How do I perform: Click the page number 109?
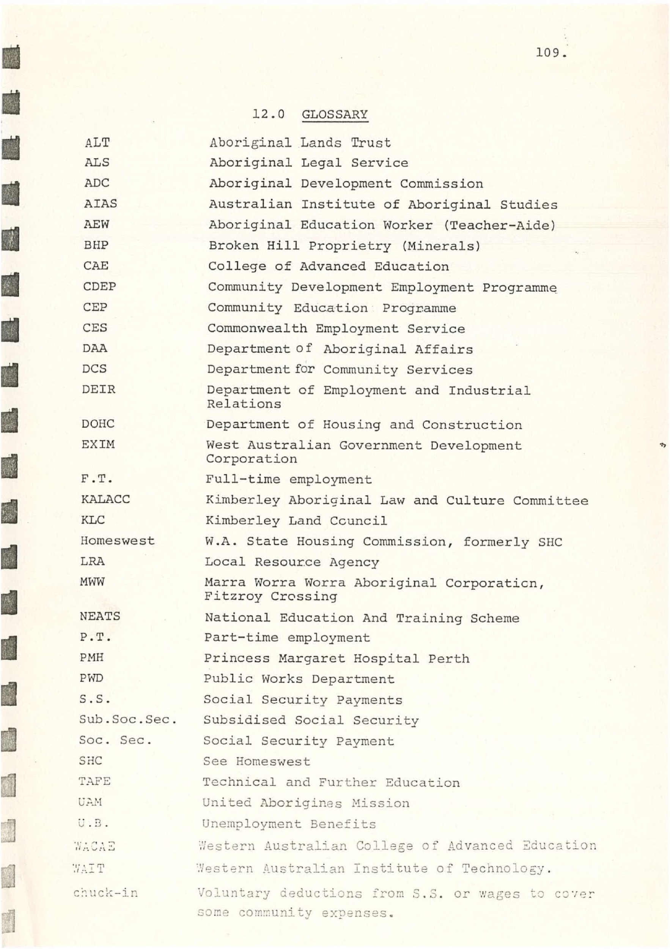click(x=550, y=53)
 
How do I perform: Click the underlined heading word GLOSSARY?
click(x=335, y=115)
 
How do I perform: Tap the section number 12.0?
click(x=269, y=114)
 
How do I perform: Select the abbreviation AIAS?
click(x=101, y=204)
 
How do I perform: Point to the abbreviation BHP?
click(x=96, y=245)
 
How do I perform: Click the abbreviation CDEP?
click(x=99, y=287)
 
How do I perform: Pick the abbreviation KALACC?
click(x=105, y=499)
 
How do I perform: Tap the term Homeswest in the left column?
click(x=117, y=541)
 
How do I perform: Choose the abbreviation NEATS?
click(x=100, y=616)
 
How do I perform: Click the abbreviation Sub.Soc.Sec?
click(x=128, y=720)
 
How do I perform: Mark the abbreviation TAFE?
click(x=94, y=782)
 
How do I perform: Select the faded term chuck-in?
click(x=106, y=893)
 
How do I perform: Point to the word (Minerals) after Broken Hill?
click(x=441, y=246)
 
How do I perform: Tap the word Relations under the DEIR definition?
click(x=244, y=404)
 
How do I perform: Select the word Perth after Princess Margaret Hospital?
click(x=448, y=659)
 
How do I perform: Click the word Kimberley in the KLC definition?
click(x=242, y=521)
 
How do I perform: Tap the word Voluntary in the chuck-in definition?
click(x=233, y=893)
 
